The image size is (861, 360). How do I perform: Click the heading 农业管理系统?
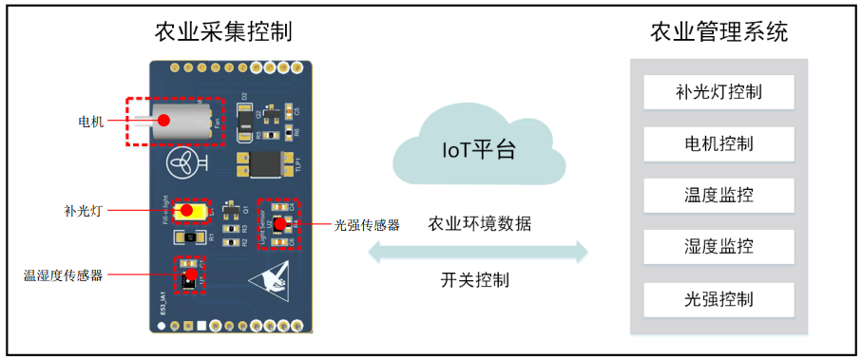click(718, 32)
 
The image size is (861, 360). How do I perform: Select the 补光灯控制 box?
click(718, 92)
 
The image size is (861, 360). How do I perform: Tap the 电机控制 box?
click(718, 143)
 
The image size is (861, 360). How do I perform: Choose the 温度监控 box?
click(718, 196)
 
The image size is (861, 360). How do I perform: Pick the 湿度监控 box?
click(718, 247)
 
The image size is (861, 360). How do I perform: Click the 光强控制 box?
click(718, 299)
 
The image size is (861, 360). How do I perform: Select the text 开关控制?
click(474, 280)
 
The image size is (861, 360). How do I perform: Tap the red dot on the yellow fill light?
click(187, 210)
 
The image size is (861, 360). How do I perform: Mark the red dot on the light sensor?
click(281, 225)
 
